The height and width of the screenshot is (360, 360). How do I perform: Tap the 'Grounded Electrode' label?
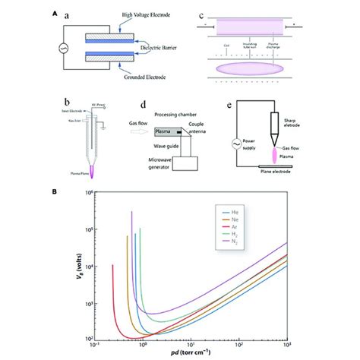tap(142, 74)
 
